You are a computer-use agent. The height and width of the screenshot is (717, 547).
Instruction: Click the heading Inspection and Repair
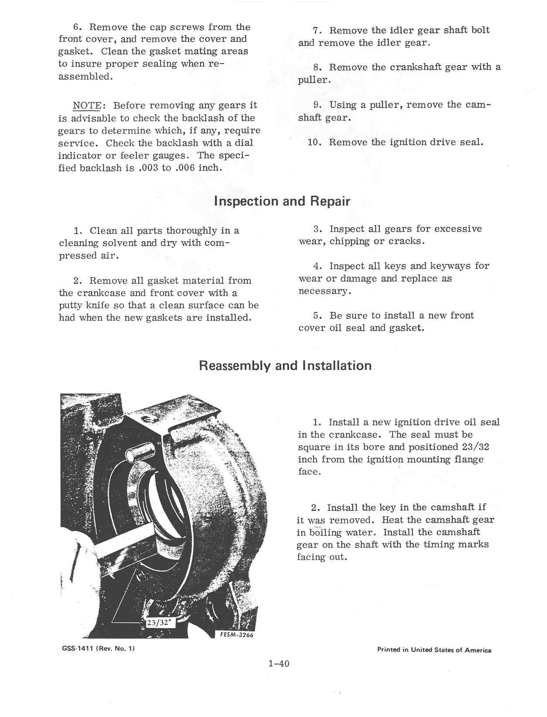point(282,201)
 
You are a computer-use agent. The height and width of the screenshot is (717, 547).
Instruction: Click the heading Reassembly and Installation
point(285,365)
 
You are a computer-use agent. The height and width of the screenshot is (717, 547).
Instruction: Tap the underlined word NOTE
point(87,106)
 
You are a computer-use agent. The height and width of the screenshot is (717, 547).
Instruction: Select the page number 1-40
point(279,664)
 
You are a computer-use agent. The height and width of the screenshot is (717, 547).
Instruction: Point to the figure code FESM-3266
point(237,635)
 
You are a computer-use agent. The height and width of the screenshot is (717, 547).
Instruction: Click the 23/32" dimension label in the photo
point(159,623)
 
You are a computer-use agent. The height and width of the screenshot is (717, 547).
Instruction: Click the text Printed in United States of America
point(434,650)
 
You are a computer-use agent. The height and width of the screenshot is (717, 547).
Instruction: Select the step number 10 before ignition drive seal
point(314,142)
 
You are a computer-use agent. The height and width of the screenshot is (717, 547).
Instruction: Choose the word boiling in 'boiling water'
point(325,532)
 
